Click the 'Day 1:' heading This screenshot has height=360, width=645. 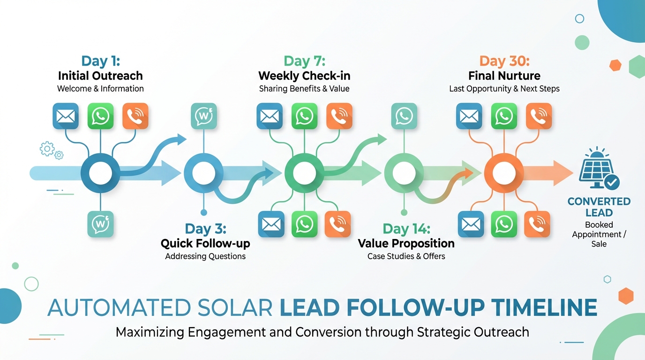[100, 61]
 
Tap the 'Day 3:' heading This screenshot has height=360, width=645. [205, 229]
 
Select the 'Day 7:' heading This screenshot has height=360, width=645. [304, 61]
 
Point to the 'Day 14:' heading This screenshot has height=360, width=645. [406, 229]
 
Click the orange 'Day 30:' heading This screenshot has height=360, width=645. [504, 61]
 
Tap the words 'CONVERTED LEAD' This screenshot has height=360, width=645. [599, 207]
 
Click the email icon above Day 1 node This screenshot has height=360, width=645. [66, 116]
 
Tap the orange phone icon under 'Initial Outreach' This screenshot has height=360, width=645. [135, 116]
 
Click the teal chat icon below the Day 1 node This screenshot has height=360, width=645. [100, 224]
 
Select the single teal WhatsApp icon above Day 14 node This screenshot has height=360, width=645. [404, 116]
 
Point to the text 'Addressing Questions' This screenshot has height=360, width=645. [205, 256]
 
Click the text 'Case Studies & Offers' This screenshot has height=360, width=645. [406, 256]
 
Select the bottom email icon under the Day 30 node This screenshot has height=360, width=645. [470, 224]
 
